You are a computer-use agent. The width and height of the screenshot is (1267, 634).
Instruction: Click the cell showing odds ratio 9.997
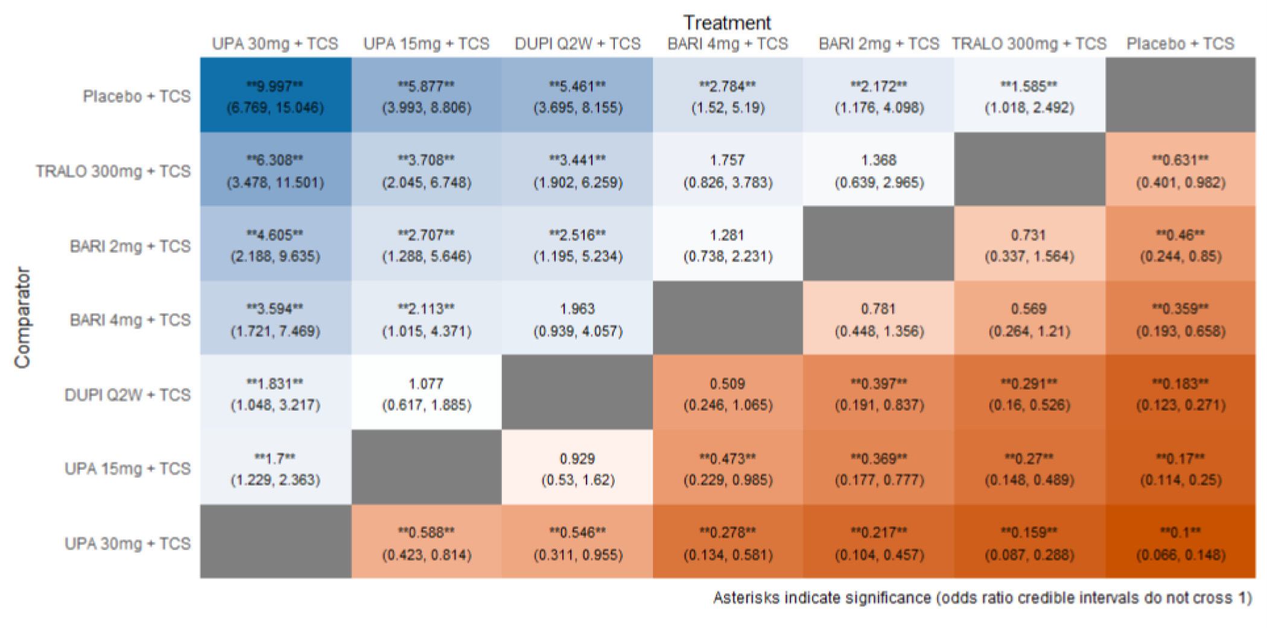point(275,95)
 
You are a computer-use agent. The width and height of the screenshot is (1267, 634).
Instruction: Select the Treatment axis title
point(726,22)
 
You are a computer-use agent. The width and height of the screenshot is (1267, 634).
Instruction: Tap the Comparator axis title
point(22,318)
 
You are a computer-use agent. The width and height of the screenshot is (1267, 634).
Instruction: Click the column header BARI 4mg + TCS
point(727,43)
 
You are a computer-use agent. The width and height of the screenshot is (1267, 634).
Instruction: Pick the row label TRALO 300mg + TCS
point(113,171)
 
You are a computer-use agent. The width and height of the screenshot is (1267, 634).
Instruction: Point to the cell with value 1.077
point(426,393)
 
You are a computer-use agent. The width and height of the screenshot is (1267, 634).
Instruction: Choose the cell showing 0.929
point(577,468)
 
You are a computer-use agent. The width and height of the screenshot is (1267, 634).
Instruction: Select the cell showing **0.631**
point(1180,170)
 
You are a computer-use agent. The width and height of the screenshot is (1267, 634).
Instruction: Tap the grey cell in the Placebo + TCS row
point(1180,95)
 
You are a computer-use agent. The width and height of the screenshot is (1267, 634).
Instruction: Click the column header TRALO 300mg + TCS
point(1029,43)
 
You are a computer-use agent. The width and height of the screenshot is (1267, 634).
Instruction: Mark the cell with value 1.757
point(727,170)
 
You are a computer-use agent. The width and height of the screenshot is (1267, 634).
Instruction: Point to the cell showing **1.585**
point(1029,95)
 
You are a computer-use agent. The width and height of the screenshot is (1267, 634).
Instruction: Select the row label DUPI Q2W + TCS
point(127,394)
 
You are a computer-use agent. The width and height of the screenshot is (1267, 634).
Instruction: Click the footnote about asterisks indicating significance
point(982,597)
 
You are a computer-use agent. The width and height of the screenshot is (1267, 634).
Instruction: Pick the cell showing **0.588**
point(426,542)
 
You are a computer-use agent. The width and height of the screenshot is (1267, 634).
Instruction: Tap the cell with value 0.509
point(727,393)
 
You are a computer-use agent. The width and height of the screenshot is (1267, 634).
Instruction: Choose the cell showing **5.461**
point(577,95)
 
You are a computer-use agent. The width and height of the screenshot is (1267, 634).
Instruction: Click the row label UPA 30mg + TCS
point(127,543)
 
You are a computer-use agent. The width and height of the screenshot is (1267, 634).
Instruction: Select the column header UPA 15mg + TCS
point(426,43)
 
